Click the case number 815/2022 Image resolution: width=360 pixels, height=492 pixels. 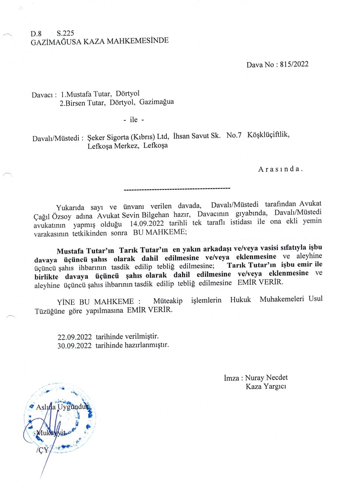pos(294,64)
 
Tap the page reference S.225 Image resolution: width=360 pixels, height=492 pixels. pos(65,33)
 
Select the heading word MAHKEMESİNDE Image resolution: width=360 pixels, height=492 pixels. pos(138,41)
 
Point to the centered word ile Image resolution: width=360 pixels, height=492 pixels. pos(133,120)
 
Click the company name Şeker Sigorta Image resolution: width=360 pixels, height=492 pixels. pos(108,137)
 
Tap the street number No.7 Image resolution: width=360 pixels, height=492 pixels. pos(234,135)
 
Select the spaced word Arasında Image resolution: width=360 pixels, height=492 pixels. pos(280,169)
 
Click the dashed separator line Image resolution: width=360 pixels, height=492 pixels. pos(177,189)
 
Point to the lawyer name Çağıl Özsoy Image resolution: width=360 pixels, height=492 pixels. pos(52,216)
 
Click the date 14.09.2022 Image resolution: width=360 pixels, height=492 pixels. pos(146,223)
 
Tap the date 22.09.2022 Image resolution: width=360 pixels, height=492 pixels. pos(75,337)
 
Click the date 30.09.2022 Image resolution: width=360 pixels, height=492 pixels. pos(74,346)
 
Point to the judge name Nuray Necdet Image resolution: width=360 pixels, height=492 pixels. pos(266,378)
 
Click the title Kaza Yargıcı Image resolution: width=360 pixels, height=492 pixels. pos(266,386)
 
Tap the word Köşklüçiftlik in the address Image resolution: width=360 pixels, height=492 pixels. pos(268,134)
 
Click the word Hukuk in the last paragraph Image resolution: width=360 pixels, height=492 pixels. pos(240,299)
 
